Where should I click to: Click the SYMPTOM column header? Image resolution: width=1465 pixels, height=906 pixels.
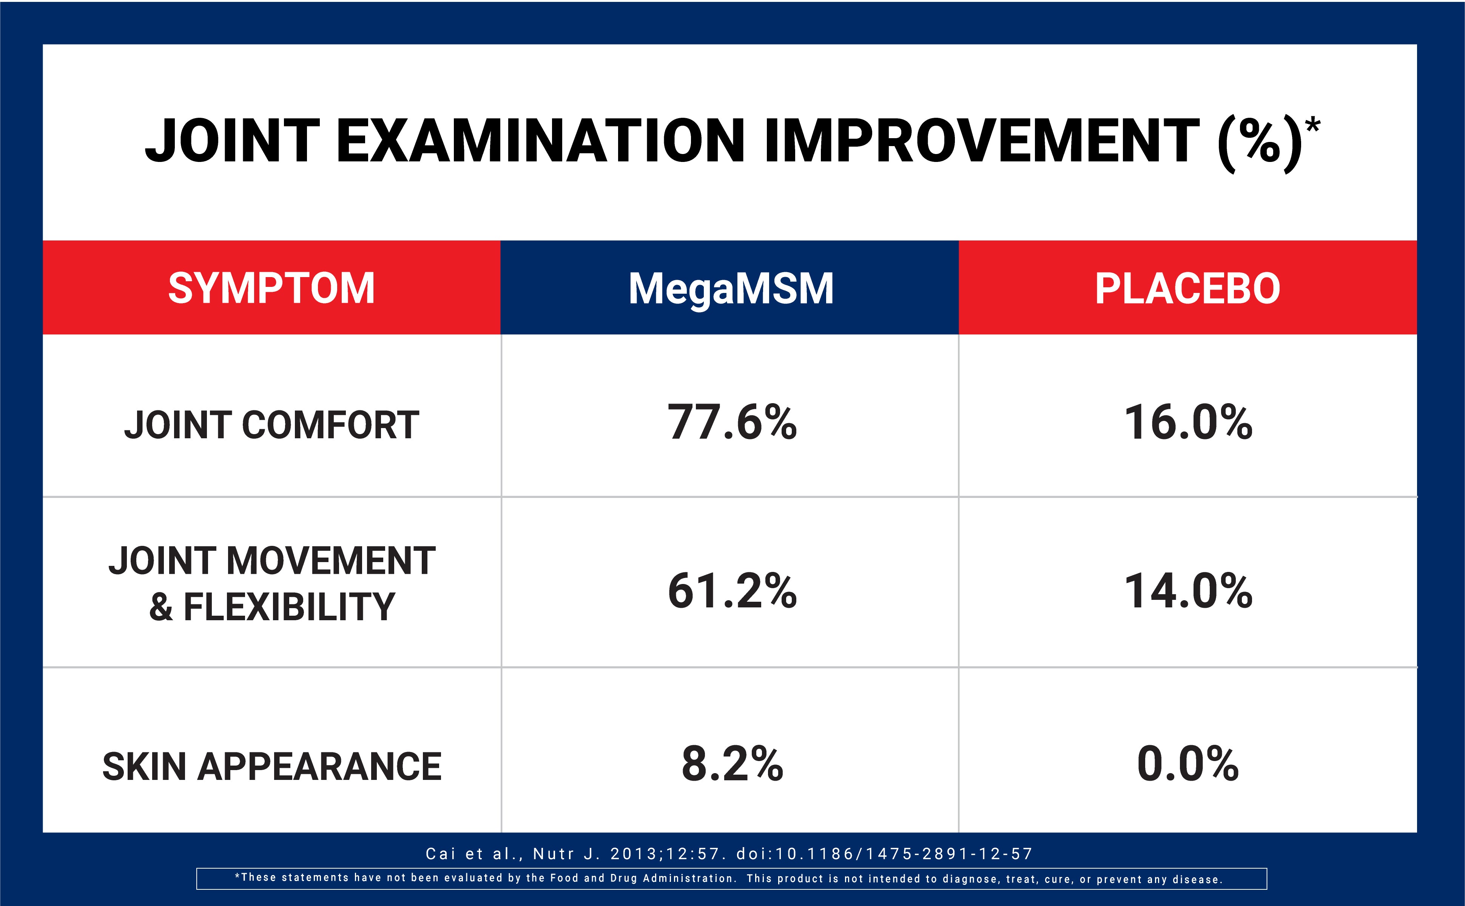tap(271, 288)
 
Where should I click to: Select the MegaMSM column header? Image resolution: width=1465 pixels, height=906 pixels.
tap(730, 288)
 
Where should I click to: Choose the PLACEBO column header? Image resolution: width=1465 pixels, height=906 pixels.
tap(1187, 288)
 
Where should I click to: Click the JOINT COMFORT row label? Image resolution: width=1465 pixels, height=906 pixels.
tap(271, 425)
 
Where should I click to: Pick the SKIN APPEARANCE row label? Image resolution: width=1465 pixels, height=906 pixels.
tap(271, 766)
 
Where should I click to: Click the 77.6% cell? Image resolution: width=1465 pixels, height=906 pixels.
tap(732, 422)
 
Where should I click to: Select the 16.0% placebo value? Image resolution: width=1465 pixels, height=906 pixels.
tap(1187, 422)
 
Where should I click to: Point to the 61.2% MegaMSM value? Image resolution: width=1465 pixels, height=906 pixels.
tap(732, 591)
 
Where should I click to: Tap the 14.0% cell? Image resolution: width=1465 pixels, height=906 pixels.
tap(1187, 591)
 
